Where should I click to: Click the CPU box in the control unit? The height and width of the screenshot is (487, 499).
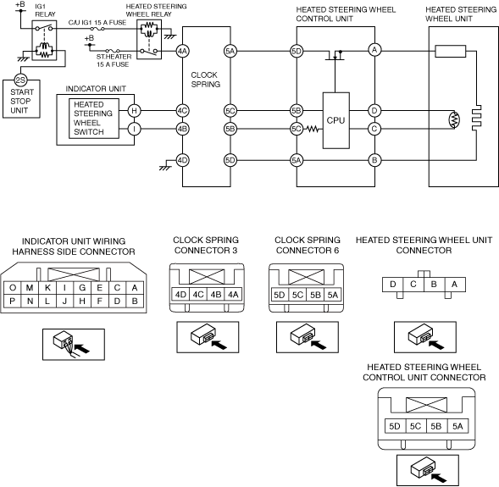pos(336,120)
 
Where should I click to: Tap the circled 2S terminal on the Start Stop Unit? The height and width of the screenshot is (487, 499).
pos(20,80)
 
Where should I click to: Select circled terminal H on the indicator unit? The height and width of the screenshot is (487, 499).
pos(135,111)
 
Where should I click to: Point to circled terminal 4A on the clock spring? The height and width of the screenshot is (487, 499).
pos(182,51)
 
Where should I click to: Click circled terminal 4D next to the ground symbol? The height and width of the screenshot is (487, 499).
pos(182,160)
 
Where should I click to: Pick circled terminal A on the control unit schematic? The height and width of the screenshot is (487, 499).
pos(374,50)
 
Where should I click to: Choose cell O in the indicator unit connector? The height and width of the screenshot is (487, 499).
pos(13,288)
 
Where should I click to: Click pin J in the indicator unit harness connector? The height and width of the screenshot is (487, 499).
pos(64,301)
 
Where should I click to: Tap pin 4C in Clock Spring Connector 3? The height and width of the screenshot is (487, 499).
pos(198,295)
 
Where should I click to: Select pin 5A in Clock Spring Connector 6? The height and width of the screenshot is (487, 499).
pos(333,295)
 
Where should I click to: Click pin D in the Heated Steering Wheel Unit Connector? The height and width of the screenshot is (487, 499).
pos(393,284)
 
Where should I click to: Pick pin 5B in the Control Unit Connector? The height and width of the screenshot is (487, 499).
pos(436,426)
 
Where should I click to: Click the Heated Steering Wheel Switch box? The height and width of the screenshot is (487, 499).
pos(94,119)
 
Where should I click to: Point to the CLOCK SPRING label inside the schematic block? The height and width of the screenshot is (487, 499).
pos(206,80)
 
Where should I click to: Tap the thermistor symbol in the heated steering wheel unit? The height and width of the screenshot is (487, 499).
pos(454,119)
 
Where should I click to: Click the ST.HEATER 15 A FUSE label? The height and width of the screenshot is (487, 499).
pos(114,60)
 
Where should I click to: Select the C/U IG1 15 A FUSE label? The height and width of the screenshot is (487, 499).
pos(97,23)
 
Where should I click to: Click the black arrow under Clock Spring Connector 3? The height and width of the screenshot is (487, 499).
pos(219,344)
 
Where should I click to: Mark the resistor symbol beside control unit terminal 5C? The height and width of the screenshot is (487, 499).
pos(313,129)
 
